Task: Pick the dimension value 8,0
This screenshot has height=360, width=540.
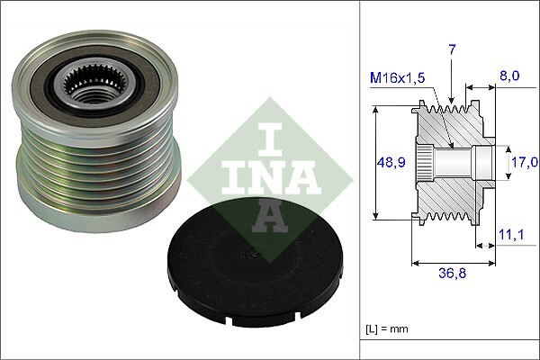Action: [509, 76]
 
